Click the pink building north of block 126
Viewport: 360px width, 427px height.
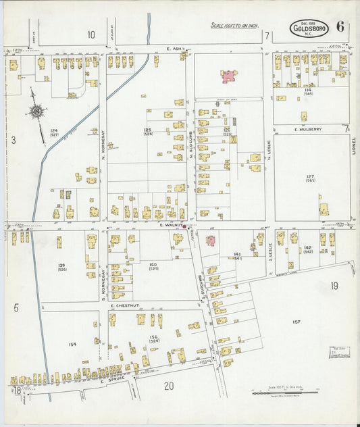click(x=228, y=76)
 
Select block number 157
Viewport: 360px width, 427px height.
click(x=296, y=322)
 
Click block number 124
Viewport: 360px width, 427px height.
click(x=54, y=130)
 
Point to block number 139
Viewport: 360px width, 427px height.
click(x=61, y=265)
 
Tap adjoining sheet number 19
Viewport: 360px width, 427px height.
click(x=334, y=286)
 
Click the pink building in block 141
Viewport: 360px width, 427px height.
click(x=211, y=240)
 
